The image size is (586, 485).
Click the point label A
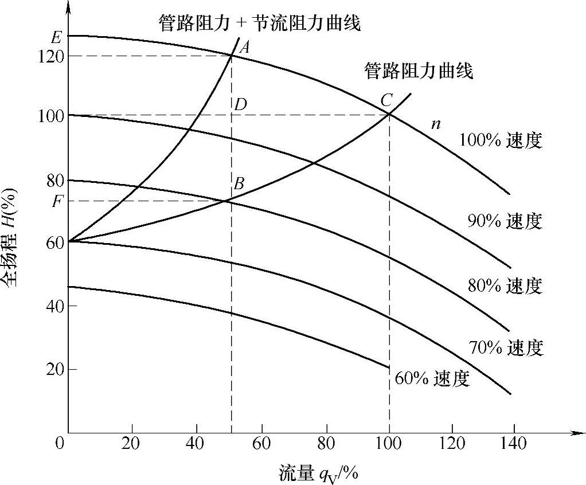click(x=244, y=47)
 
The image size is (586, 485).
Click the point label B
click(x=240, y=184)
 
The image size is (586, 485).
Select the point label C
click(x=386, y=101)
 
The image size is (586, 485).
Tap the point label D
click(x=240, y=104)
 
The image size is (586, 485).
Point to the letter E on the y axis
click(x=56, y=38)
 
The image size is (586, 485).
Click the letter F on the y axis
click(x=57, y=201)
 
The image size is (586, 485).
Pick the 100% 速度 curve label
click(x=501, y=141)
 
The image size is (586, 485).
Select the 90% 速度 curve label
click(x=505, y=221)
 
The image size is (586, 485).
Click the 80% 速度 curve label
click(x=505, y=285)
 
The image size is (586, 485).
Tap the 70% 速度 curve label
click(x=505, y=347)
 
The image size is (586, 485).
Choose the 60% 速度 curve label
click(x=432, y=378)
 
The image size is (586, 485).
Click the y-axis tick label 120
click(x=50, y=56)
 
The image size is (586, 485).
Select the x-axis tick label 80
click(x=326, y=444)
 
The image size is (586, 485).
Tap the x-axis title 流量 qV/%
click(x=318, y=473)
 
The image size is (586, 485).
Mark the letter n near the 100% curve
click(x=436, y=123)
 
